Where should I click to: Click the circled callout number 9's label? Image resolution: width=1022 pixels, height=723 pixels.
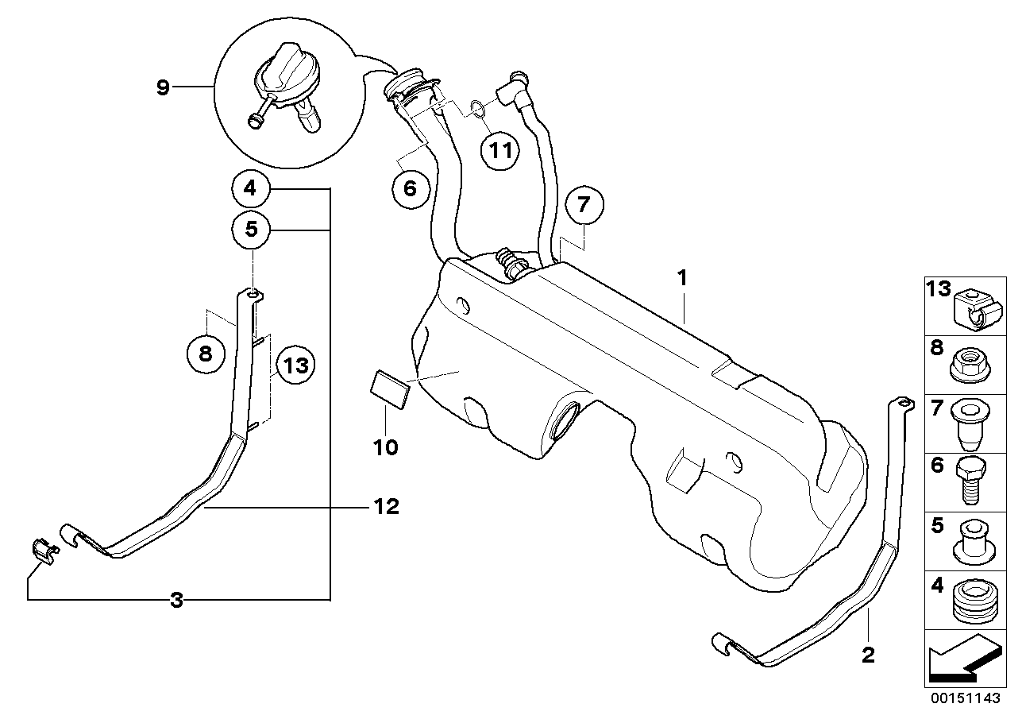pyautogui.click(x=163, y=87)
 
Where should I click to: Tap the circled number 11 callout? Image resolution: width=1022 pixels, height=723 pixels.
pyautogui.click(x=500, y=149)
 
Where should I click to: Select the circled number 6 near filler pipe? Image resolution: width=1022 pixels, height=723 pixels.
pyautogui.click(x=410, y=188)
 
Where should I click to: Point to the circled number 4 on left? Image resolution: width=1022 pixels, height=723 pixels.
pyautogui.click(x=251, y=190)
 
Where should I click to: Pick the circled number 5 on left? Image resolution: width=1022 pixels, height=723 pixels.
pyautogui.click(x=251, y=230)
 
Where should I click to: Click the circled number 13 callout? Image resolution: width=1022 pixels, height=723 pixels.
pyautogui.click(x=294, y=366)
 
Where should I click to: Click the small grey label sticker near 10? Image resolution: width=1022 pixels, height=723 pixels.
pyautogui.click(x=390, y=390)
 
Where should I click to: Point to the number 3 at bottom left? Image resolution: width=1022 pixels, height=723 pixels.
pyautogui.click(x=176, y=601)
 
